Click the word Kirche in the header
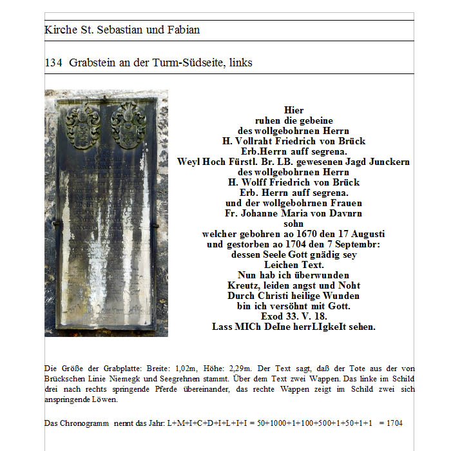coord(59,30)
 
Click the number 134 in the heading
coord(53,62)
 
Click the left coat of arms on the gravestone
coord(82,126)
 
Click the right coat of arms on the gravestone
coord(128,124)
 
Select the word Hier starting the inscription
coord(293,110)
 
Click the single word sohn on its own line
coord(293,224)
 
